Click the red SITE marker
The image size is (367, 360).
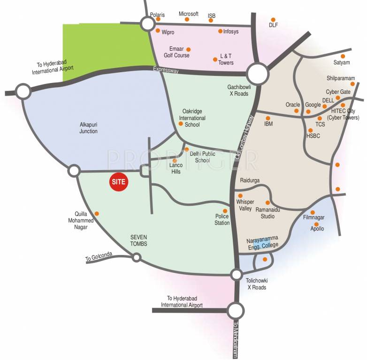pos(119,182)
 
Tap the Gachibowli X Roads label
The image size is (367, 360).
pos(240,90)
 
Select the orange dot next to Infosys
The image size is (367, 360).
pos(220,31)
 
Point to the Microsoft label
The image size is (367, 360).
pos(189,14)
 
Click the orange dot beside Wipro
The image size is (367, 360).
pos(158,31)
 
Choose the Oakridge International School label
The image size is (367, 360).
pos(193,118)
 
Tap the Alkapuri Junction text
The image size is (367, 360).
pos(88,128)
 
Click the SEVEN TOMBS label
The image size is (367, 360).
pos(139,240)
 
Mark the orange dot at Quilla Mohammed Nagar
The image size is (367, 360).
pos(97,214)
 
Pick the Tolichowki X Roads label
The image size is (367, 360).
pos(256,284)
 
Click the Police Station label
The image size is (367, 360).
pos(222,219)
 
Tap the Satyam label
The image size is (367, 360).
pos(342,62)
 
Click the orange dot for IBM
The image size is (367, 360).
pos(268,118)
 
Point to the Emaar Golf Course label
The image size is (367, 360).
pos(176,52)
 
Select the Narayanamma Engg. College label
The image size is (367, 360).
pos(262,242)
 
